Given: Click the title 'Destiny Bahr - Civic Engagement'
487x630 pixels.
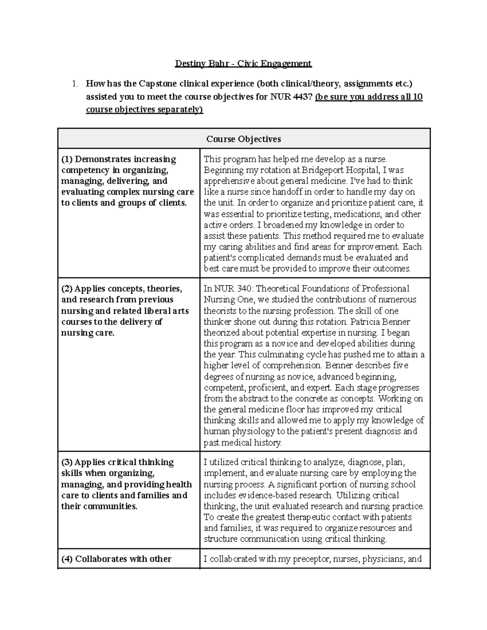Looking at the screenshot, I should [x=243, y=63].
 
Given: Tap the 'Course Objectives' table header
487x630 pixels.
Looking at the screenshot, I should [x=243, y=139].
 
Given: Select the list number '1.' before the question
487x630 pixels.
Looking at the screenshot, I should [x=74, y=84].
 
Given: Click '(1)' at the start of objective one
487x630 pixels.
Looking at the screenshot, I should [x=67, y=159].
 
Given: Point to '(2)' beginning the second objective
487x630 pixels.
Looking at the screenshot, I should [x=67, y=289].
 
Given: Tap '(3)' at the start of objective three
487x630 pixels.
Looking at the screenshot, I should [x=67, y=462].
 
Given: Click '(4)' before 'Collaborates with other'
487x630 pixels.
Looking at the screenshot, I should [x=67, y=559].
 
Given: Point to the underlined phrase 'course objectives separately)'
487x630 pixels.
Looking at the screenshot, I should [x=144, y=110].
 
